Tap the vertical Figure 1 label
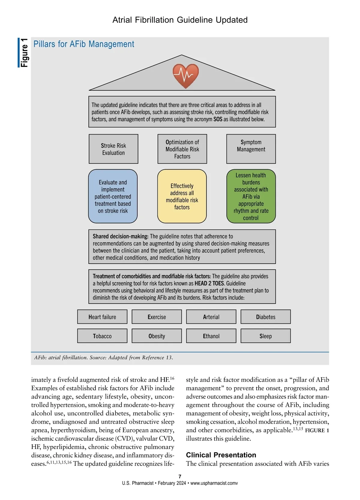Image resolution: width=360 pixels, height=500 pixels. pos(24,53)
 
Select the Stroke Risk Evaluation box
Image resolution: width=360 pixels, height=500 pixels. pos(113,149)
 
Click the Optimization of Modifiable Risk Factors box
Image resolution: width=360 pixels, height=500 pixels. pos(182,149)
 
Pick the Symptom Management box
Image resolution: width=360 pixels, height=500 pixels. pos(251,149)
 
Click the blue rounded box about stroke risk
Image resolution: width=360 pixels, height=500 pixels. pos(113,196)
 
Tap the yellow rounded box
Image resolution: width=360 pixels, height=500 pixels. pos(182,196)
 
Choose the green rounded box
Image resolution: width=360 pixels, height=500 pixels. pos(251,196)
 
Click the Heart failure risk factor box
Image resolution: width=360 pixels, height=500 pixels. pos(102,317)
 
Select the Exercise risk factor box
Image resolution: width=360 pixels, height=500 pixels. pos(157,317)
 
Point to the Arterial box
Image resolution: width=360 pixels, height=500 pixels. pos(211,317)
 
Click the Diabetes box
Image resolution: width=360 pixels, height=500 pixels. pos(265,317)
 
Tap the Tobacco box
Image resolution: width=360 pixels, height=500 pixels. pos(102,336)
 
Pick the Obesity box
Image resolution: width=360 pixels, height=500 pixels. pos(157,336)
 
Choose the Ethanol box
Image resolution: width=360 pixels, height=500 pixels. pos(211,336)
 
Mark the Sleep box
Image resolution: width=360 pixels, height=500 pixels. pos(265,336)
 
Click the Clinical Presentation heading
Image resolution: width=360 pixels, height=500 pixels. pos(221,455)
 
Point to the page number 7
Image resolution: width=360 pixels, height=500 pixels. pos(180,477)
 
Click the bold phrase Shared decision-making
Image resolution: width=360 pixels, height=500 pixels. pos(120,236)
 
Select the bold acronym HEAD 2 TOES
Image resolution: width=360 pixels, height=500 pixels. pos(209,283)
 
